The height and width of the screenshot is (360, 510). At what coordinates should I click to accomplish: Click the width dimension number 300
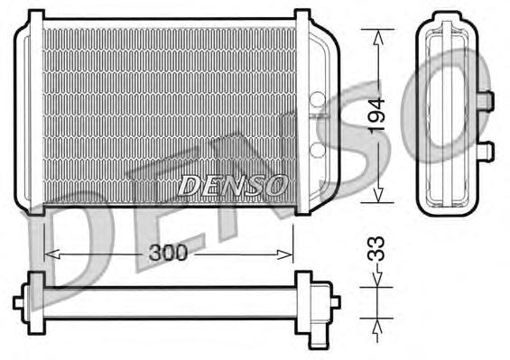click(x=168, y=254)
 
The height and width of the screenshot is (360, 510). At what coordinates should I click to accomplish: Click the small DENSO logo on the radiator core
click(x=233, y=184)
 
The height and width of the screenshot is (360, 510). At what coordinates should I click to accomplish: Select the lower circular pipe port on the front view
click(x=317, y=149)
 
